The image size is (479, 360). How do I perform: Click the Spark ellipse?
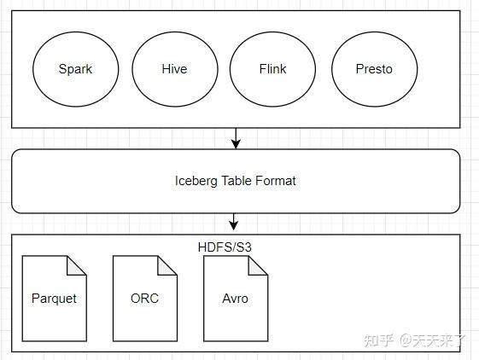pos(75,70)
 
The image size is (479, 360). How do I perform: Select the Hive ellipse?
pos(174,70)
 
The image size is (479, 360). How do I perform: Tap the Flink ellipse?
pos(273,70)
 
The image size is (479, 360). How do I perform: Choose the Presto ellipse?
pos(374,70)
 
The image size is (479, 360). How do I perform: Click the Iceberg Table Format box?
pos(236,181)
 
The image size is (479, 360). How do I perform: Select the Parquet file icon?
pos(54,299)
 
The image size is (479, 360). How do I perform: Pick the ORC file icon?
pos(144,299)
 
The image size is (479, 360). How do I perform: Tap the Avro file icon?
pos(235,299)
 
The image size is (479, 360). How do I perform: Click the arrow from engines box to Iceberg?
pos(236,136)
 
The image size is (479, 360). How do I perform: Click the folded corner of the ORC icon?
pos(168,264)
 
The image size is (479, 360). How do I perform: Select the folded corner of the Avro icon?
pos(259,264)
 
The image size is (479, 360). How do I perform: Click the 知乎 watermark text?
pos(377,340)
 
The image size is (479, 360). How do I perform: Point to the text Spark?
pos(75,70)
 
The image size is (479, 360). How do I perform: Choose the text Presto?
pos(374,70)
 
